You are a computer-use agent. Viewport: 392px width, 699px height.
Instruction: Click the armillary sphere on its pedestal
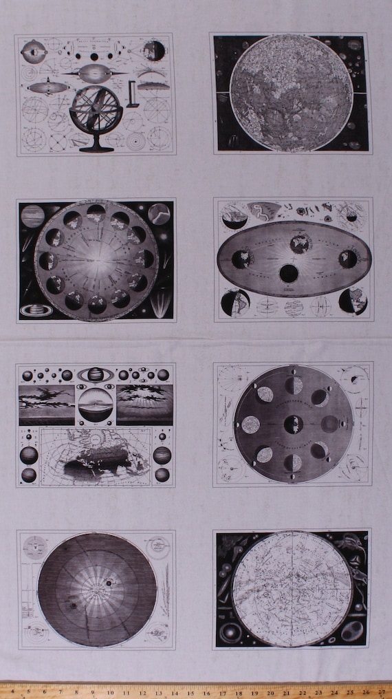pyautogui.click(x=96, y=111)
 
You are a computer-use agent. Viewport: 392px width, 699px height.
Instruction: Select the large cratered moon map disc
pyautogui.click(x=290, y=93)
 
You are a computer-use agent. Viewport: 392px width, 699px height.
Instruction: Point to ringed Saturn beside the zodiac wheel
pyautogui.click(x=35, y=310)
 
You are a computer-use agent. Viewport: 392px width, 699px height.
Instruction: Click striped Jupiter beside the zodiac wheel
pyautogui.click(x=32, y=216)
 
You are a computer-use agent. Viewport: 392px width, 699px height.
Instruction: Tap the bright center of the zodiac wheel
pyautogui.click(x=96, y=261)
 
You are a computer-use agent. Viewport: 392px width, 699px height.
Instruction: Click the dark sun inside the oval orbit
pyautogui.click(x=289, y=273)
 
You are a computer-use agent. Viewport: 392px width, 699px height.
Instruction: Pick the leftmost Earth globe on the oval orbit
pyautogui.click(x=239, y=259)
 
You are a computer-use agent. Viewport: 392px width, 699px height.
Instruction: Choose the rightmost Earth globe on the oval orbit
pyautogui.click(x=347, y=259)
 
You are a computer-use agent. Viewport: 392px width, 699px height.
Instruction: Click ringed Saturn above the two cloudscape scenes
pyautogui.click(x=95, y=375)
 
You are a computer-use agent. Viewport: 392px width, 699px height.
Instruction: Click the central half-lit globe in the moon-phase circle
pyautogui.click(x=293, y=424)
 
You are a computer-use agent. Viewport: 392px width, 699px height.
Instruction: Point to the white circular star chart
pyautogui.click(x=292, y=589)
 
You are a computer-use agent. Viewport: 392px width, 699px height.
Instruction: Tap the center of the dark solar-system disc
pyautogui.click(x=97, y=590)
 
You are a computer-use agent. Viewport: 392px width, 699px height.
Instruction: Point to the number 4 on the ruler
pyautogui.click(x=61, y=690)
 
